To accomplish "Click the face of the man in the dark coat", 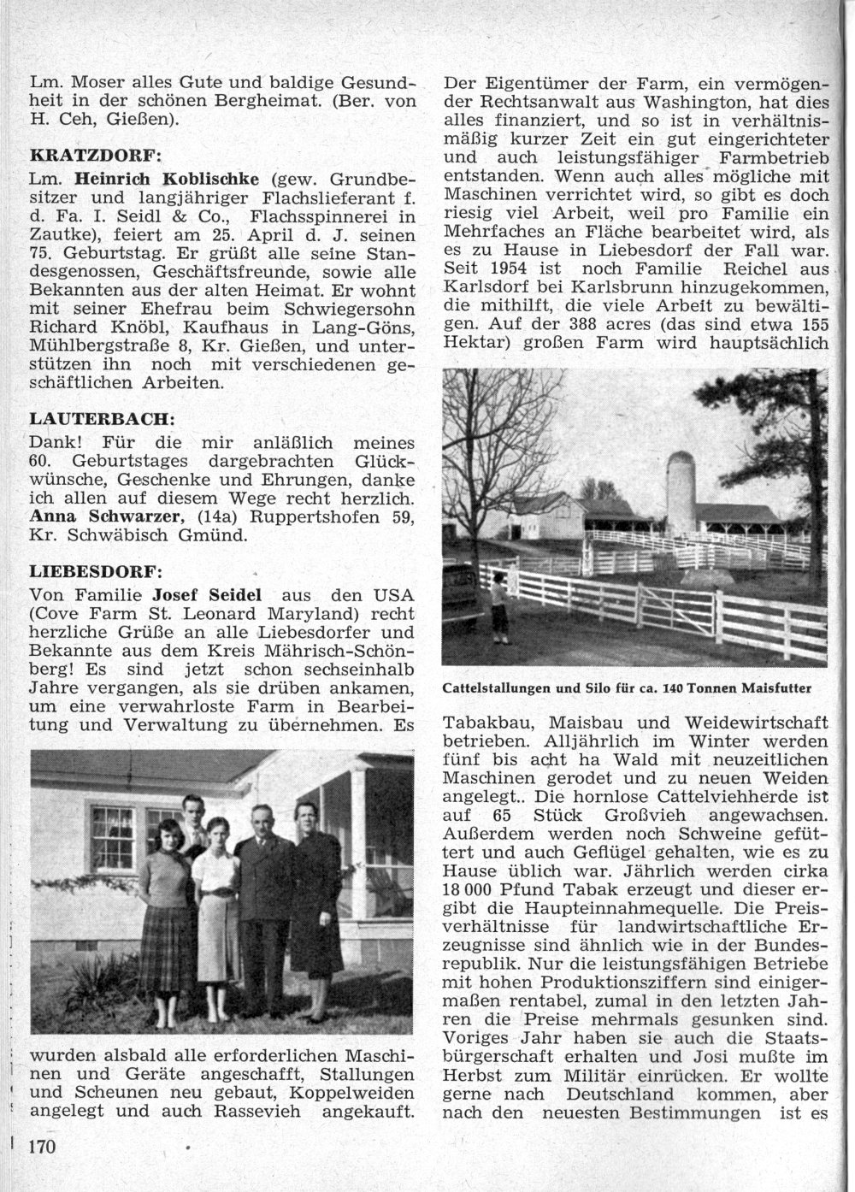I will click(x=259, y=819).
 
